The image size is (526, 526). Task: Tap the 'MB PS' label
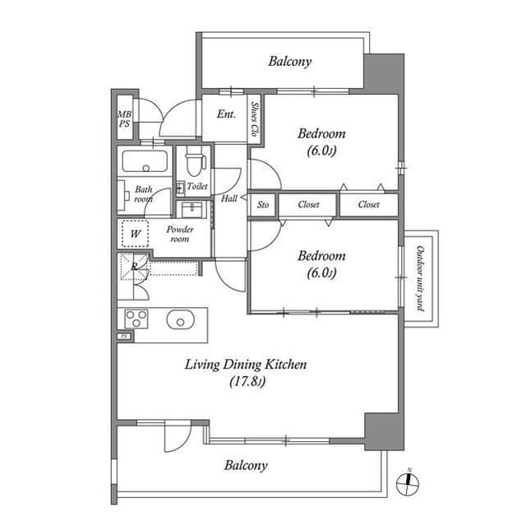[124, 119]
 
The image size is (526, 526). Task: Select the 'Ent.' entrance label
[226, 114]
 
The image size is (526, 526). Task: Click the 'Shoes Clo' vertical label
[256, 119]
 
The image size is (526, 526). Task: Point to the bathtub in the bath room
[145, 161]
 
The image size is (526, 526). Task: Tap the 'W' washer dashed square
[135, 234]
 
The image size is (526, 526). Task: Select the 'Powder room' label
[179, 234]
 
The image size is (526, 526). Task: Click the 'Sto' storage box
[263, 204]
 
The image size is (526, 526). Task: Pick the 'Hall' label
[229, 199]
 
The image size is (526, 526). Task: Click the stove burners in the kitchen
[135, 318]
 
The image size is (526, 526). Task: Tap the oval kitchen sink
[179, 319]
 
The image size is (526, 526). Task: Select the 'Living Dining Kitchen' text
[246, 364]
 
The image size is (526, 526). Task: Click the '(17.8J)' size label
[246, 381]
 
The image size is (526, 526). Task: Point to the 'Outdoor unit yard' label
[419, 278]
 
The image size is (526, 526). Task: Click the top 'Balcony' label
[289, 61]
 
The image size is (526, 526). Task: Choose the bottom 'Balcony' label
[246, 465]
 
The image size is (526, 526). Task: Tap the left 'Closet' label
[309, 204]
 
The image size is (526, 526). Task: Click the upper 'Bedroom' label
[321, 133]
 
